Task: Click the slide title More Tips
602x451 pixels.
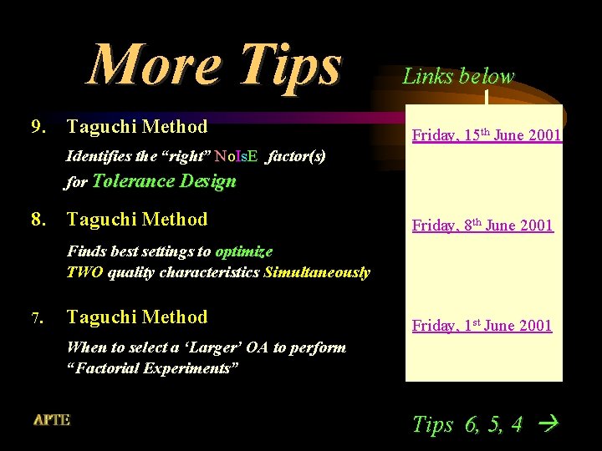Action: point(215,64)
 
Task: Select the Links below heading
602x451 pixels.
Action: point(458,77)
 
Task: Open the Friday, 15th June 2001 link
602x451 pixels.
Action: point(486,135)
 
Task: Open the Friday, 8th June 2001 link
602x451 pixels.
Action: point(482,225)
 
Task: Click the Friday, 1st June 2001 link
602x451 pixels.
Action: point(482,326)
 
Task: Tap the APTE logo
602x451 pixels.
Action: point(52,420)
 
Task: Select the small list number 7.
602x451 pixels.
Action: point(37,318)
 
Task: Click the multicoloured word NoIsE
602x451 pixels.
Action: point(236,155)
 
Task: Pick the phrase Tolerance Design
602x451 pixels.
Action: point(164,181)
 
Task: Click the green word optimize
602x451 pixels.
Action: point(243,251)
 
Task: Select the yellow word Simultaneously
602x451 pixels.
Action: point(316,272)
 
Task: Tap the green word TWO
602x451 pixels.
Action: point(84,272)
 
